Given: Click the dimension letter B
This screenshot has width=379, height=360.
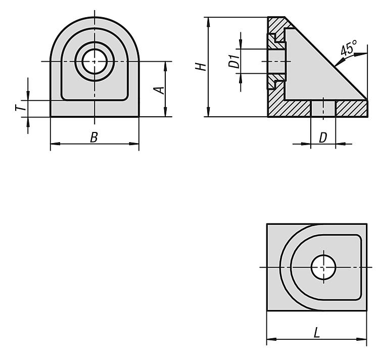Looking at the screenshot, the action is point(94,137).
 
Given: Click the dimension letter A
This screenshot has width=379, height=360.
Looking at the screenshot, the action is point(159,90).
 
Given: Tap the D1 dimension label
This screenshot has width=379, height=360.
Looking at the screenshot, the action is point(234,61).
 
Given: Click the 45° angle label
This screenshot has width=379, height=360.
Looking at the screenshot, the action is point(348,48).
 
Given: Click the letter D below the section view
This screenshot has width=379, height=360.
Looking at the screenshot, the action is point(323,138).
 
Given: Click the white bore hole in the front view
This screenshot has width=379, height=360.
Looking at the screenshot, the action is point(94,61).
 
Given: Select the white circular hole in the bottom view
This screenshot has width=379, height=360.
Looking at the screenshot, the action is point(323,267).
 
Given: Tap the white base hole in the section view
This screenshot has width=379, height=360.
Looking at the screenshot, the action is point(323,109).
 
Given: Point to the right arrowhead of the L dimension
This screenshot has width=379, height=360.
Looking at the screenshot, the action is point(362,339).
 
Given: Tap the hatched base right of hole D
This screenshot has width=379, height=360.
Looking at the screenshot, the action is point(351,108).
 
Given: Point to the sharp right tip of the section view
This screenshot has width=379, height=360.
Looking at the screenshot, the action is point(367,100).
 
